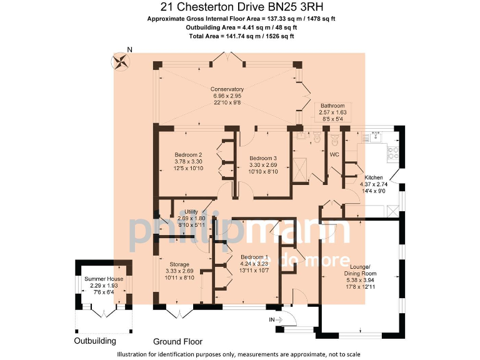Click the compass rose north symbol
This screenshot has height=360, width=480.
(121, 61)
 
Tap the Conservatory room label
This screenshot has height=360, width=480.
(227, 89)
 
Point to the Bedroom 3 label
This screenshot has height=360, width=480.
(263, 158)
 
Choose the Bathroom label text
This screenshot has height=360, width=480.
(332, 106)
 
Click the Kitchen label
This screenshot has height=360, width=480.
(374, 177)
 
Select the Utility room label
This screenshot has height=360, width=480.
(191, 212)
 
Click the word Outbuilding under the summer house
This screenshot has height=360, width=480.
(95, 341)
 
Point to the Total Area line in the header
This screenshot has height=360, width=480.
(241, 37)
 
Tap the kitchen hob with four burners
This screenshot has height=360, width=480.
(393, 150)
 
